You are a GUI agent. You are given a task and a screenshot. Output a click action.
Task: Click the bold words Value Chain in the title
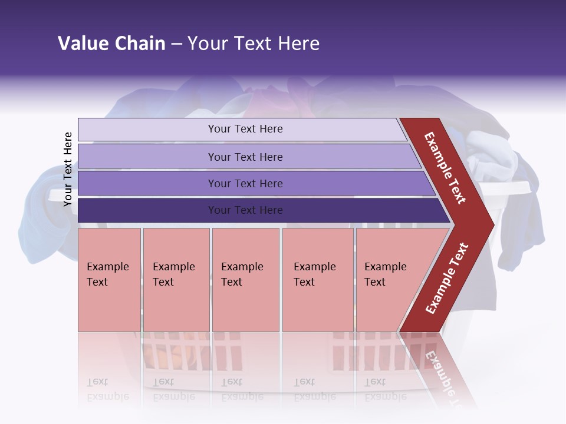[111, 44]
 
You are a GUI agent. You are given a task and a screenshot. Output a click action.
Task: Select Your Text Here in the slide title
[254, 44]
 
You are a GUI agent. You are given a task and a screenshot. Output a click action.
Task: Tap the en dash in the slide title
[176, 44]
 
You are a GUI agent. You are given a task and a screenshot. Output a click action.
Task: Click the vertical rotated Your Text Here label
[68, 169]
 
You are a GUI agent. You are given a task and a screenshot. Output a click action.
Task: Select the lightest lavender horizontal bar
[245, 129]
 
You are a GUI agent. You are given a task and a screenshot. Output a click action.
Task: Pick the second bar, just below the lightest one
[245, 157]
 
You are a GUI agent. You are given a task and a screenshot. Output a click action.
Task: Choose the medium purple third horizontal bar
[245, 183]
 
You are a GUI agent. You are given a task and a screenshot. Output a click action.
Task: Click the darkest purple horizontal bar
[245, 210]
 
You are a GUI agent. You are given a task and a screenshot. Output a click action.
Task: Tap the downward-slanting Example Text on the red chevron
[445, 168]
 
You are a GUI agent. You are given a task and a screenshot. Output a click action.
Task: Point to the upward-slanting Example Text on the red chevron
[447, 278]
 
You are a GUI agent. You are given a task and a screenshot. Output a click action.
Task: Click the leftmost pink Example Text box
[109, 280]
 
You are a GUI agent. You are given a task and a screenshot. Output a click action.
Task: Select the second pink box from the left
[176, 280]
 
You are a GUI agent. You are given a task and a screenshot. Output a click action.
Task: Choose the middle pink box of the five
[245, 280]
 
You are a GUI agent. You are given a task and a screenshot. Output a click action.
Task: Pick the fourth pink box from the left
[318, 280]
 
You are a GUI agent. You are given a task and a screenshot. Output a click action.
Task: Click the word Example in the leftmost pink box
[107, 267]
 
